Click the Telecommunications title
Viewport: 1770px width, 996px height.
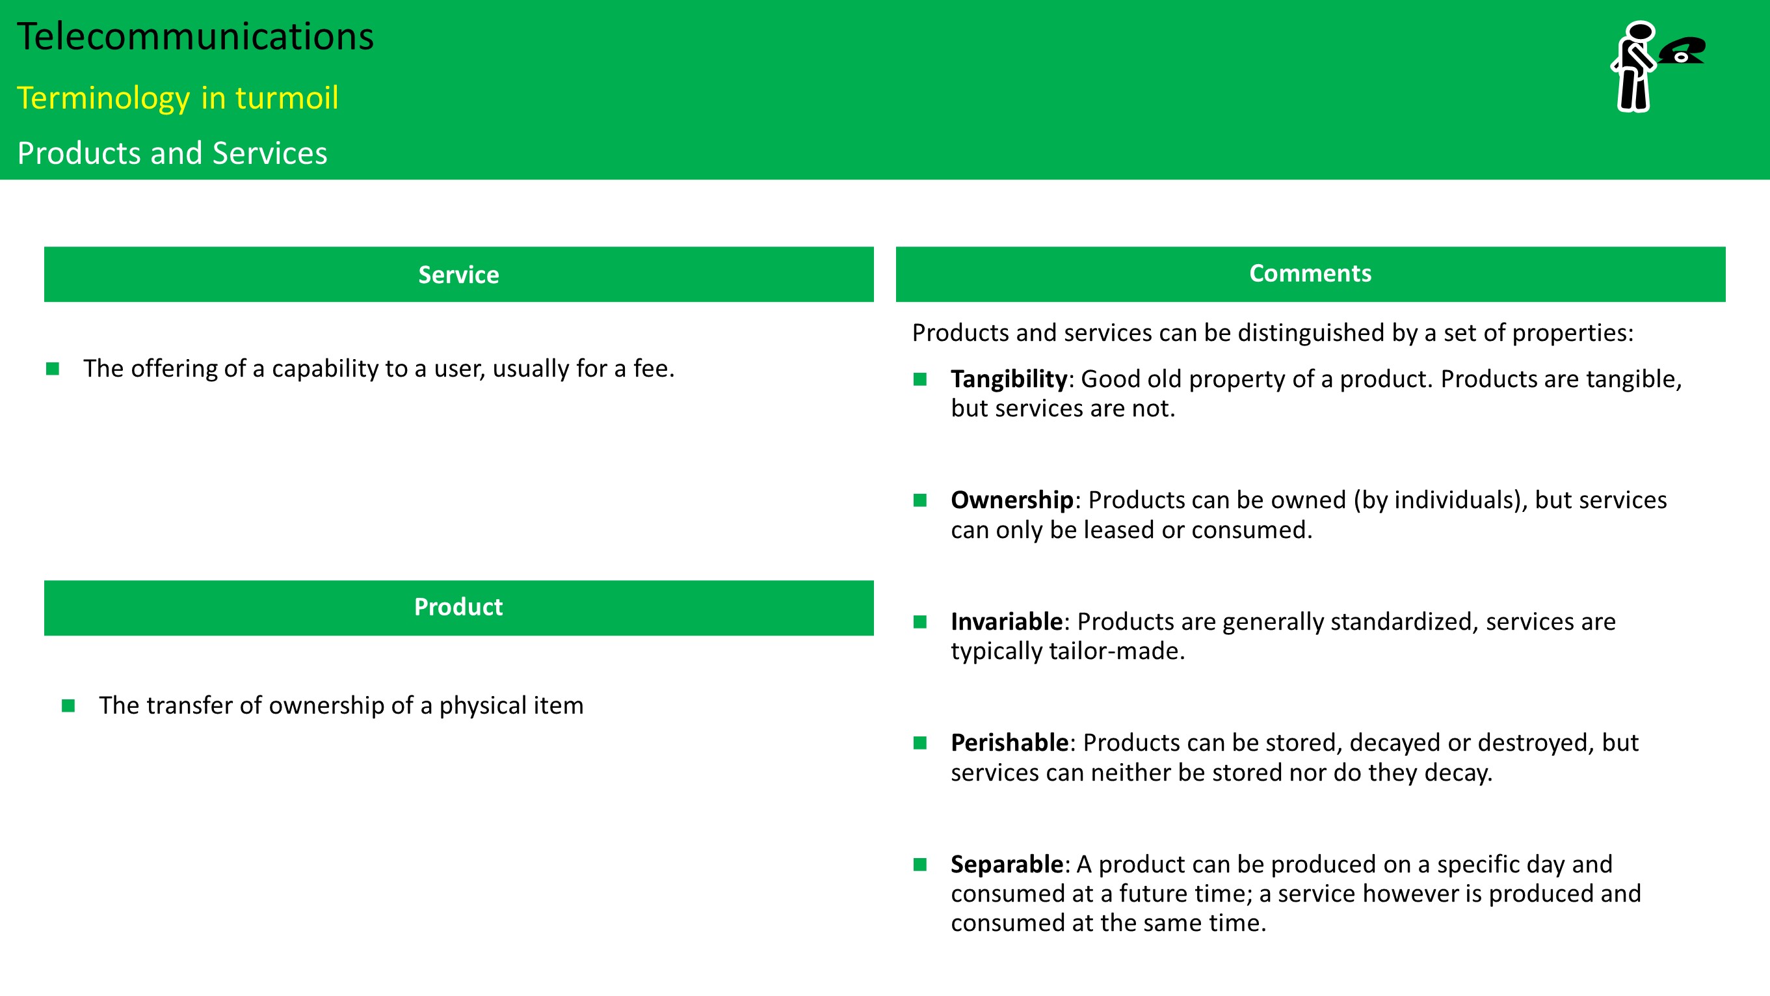[x=196, y=36]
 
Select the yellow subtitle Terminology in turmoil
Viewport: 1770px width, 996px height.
[x=178, y=98]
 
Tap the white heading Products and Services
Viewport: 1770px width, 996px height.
[x=172, y=153]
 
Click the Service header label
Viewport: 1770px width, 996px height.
[x=458, y=275]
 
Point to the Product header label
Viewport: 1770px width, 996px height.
[x=458, y=607]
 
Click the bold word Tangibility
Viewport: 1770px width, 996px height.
[x=1009, y=379]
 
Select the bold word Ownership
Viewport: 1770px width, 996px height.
[x=1012, y=500]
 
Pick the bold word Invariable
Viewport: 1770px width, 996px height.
[x=1007, y=621]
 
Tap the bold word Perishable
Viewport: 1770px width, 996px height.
[x=1009, y=743]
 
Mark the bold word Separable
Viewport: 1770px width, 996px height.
[x=1007, y=865]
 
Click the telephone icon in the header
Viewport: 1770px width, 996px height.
[x=1682, y=50]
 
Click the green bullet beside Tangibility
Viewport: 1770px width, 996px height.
[x=920, y=379]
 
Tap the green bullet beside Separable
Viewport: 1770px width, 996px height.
[x=920, y=865]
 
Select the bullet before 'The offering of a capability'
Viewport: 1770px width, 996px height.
[x=52, y=369]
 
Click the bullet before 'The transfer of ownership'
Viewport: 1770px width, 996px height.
[x=68, y=706]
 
